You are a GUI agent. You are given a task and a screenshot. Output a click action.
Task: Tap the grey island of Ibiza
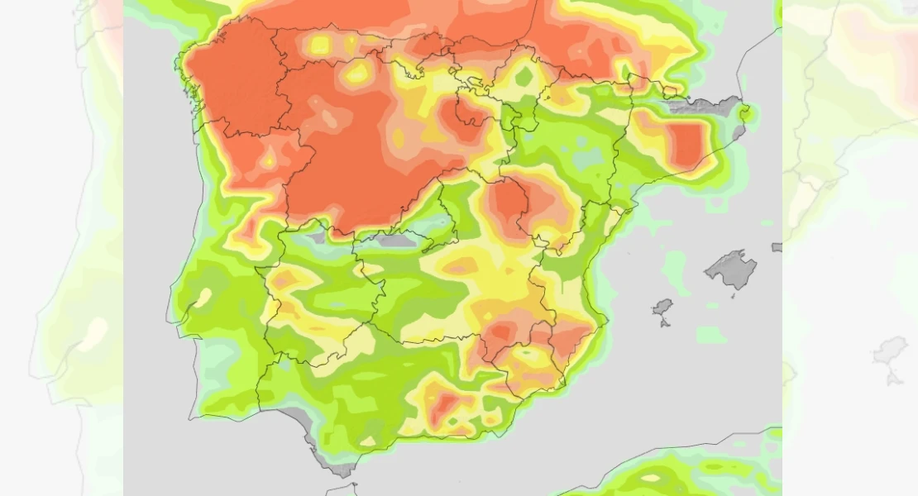click(x=662, y=310)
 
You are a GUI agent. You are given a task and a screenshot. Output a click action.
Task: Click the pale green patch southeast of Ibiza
click(x=710, y=335)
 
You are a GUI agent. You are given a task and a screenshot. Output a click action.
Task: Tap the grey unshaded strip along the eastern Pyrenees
click(x=703, y=105)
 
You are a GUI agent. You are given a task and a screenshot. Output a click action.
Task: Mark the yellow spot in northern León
click(x=357, y=74)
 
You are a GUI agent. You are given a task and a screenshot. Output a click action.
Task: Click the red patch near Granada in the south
click(x=447, y=403)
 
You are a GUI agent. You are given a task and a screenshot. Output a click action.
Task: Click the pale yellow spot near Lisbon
click(x=201, y=298)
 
